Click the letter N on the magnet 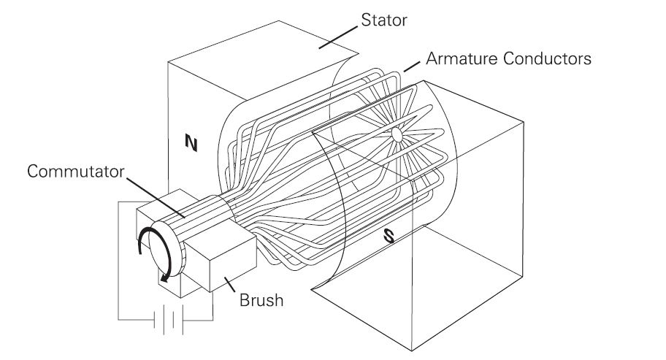191,145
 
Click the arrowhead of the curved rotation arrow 165,276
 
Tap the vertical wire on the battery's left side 118,263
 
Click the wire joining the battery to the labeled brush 212,307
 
